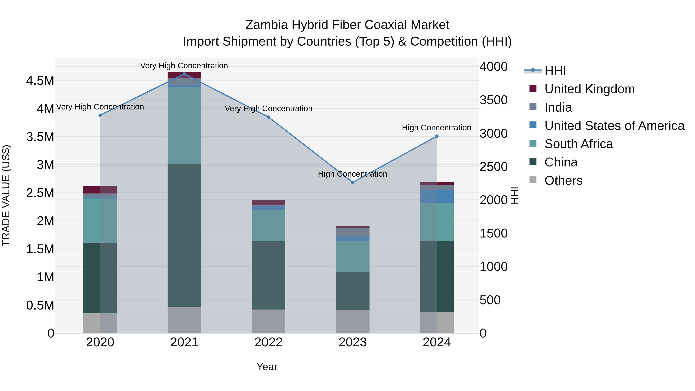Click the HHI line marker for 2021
(184, 74)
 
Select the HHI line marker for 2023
(353, 182)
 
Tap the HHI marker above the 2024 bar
(437, 136)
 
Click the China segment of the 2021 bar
(184, 235)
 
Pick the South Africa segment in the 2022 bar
(269, 226)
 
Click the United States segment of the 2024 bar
(437, 196)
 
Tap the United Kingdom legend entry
(590, 89)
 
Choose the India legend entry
(558, 107)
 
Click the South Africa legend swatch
(533, 143)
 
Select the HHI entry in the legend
(555, 71)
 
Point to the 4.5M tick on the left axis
(40, 81)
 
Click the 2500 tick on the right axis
(493, 167)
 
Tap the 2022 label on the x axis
(269, 342)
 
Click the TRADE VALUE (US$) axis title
(6, 195)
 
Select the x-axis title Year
(267, 367)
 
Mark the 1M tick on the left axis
(45, 277)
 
